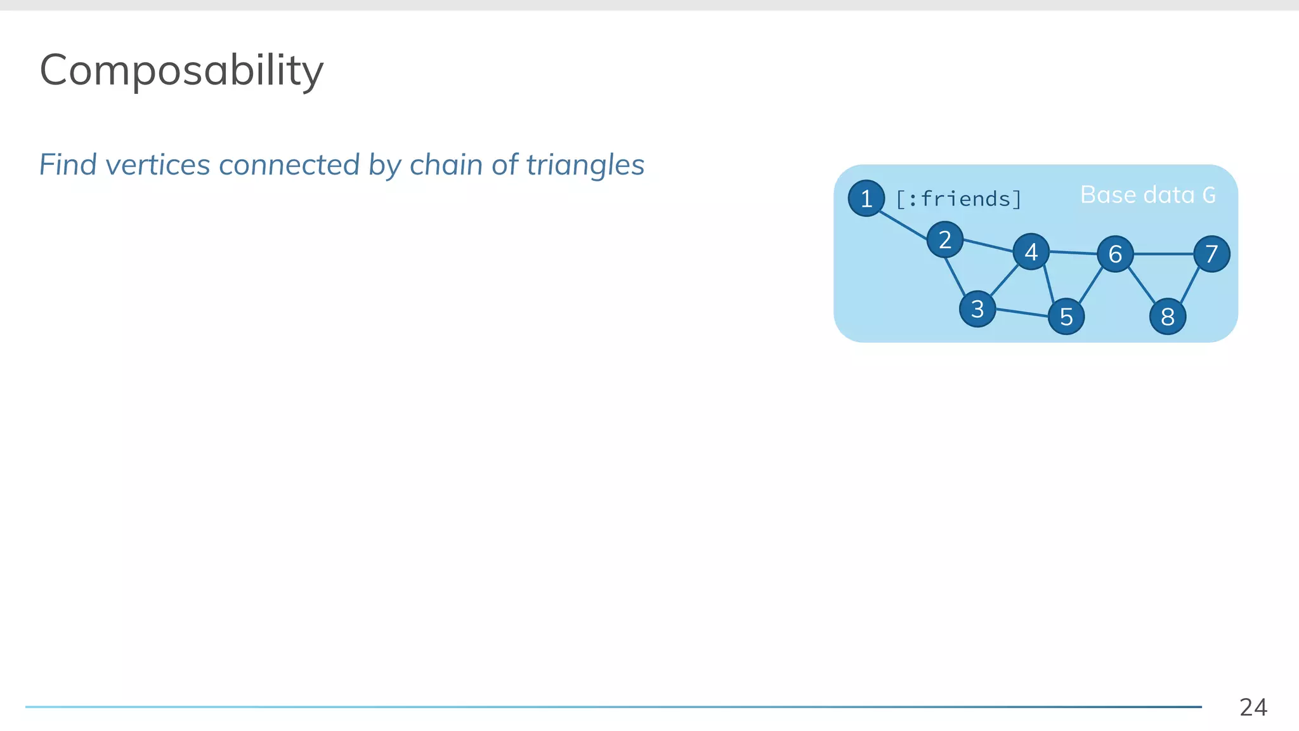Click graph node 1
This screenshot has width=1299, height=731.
click(866, 199)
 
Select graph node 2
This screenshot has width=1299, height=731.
click(944, 240)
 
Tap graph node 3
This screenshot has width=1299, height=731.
click(977, 309)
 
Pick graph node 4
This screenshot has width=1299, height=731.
click(1031, 252)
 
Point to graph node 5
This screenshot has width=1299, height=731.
click(1066, 316)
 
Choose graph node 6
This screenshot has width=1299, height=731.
click(1115, 254)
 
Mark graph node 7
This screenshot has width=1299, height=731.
click(1211, 254)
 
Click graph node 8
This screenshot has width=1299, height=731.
click(1168, 316)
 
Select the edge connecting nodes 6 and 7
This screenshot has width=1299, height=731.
click(1163, 254)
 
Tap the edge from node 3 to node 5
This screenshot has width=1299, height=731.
click(1022, 312)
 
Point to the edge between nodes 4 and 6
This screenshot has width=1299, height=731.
click(1073, 253)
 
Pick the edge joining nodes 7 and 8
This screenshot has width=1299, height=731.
click(1190, 286)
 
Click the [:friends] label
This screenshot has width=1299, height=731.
click(958, 199)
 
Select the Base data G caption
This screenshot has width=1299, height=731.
click(1147, 195)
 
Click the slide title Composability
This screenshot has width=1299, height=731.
click(181, 70)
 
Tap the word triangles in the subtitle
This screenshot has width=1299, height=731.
click(585, 165)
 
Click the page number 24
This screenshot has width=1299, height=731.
click(1253, 707)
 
